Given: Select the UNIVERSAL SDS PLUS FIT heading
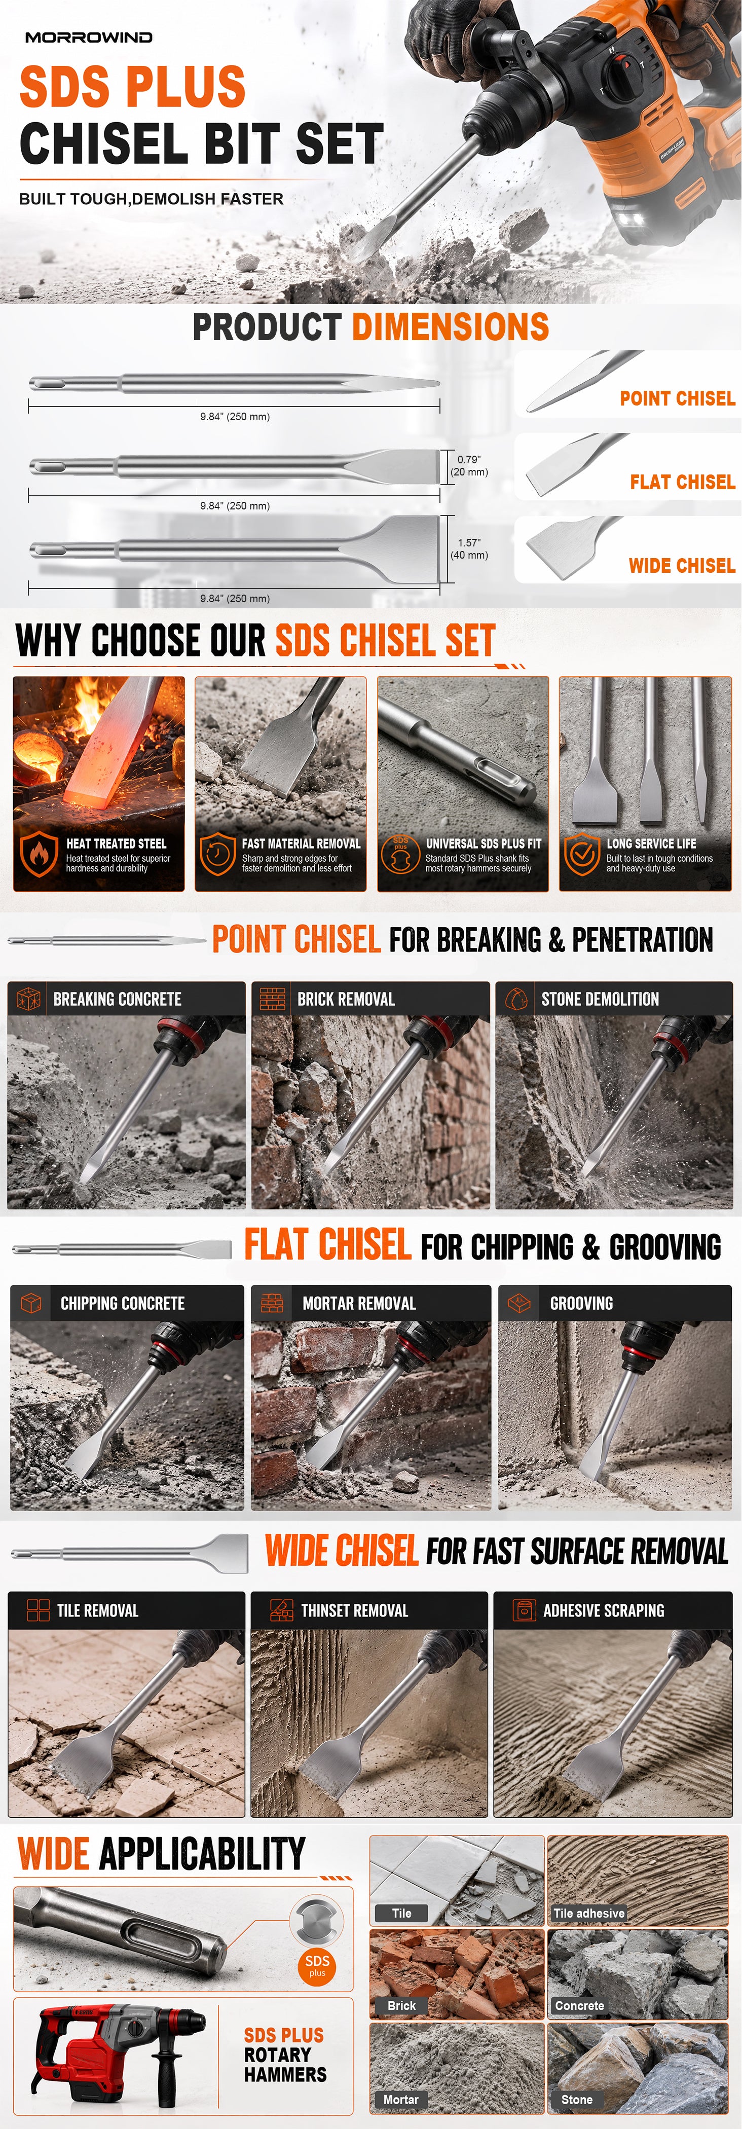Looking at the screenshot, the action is [x=484, y=844].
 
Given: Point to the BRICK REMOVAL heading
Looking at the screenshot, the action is [x=346, y=999].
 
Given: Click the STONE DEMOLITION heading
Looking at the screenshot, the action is [x=600, y=999].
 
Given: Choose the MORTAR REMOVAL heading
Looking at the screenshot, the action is [x=359, y=1303].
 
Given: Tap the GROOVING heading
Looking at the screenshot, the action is [x=582, y=1303].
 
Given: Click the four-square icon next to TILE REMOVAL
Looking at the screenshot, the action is [x=38, y=1610].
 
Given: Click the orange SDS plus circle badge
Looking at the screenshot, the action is [x=317, y=1965].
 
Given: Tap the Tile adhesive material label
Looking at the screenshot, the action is [x=589, y=1913].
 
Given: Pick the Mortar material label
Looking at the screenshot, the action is [x=401, y=2099].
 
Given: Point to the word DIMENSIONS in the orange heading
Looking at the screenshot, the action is [x=451, y=326].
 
